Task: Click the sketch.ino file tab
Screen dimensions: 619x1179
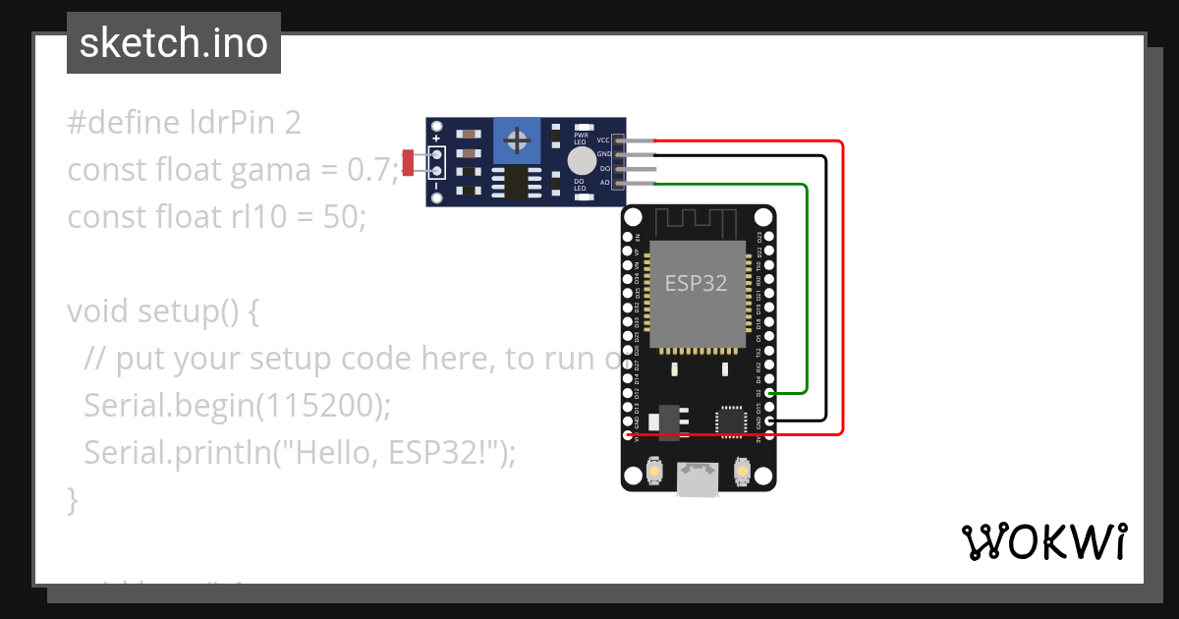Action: (x=173, y=43)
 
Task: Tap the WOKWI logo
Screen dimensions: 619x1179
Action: (x=1043, y=541)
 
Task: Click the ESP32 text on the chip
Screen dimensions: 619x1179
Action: (x=696, y=283)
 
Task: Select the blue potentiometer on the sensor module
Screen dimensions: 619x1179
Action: (x=517, y=140)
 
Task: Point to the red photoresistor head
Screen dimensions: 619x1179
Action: (x=408, y=163)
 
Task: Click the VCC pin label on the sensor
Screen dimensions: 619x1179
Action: (x=603, y=141)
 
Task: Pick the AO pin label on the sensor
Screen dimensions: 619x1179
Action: (x=604, y=183)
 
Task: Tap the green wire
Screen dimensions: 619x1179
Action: (x=807, y=285)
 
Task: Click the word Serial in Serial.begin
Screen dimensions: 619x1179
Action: (x=131, y=406)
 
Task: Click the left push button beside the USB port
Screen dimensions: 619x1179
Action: (x=653, y=475)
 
